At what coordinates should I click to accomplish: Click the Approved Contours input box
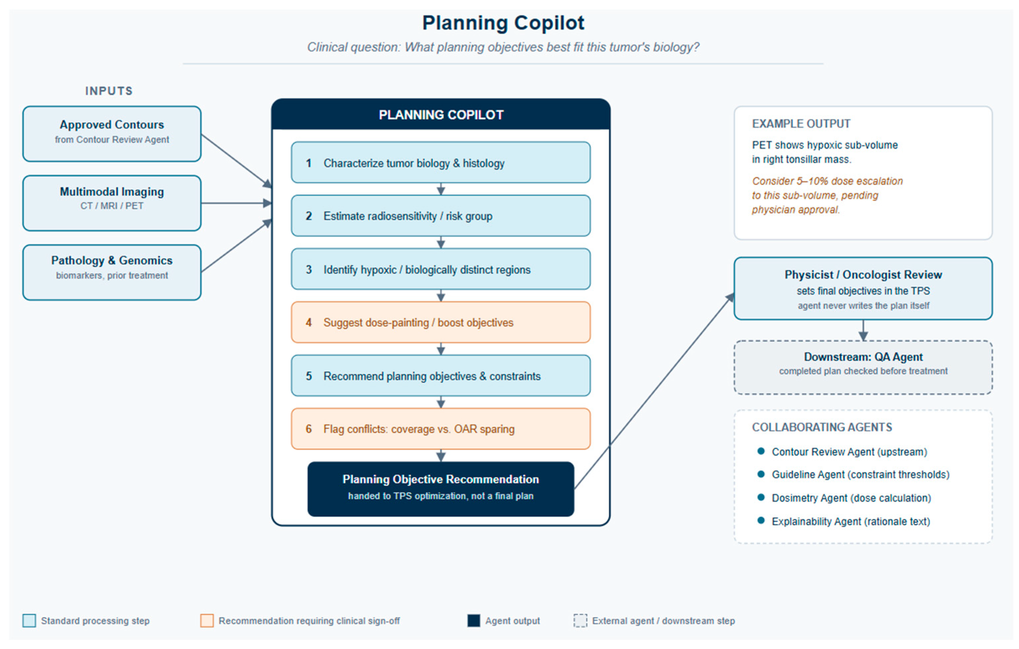click(112, 134)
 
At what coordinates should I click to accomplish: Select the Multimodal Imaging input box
click(112, 203)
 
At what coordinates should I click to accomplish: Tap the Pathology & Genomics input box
click(112, 272)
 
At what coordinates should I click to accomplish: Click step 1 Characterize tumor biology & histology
click(440, 162)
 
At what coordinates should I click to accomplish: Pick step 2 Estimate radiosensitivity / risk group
click(440, 216)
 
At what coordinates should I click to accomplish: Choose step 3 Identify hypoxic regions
click(440, 269)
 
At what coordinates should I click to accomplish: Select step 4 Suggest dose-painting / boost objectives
click(440, 322)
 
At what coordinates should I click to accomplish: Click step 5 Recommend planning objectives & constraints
click(440, 376)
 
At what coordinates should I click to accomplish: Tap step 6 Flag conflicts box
click(440, 429)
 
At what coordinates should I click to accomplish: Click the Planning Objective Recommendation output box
click(440, 489)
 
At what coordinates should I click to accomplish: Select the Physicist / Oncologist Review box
click(863, 288)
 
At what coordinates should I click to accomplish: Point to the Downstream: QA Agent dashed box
click(863, 368)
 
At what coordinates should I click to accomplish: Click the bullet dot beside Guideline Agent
click(761, 474)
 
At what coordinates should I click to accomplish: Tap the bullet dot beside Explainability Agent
click(761, 520)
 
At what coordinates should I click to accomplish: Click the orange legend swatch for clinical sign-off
click(207, 621)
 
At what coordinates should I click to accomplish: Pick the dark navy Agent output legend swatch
click(473, 621)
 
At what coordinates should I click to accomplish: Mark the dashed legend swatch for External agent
click(580, 621)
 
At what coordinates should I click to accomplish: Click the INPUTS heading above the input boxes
click(109, 91)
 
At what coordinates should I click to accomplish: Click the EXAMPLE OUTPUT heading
click(801, 124)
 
